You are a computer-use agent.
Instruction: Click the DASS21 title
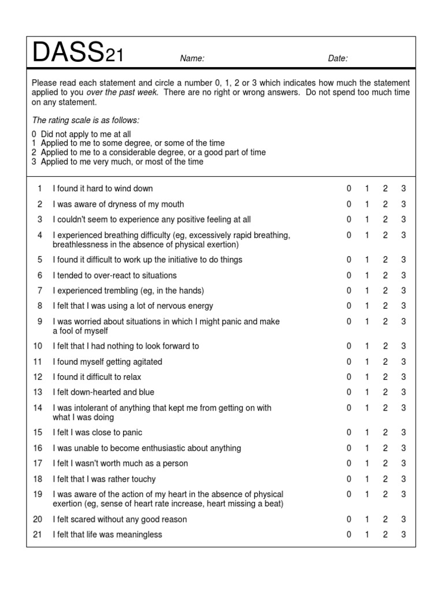[x=77, y=54]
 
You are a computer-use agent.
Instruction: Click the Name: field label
[x=192, y=58]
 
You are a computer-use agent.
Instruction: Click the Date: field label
[x=338, y=58]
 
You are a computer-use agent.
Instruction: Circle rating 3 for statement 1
[x=404, y=188]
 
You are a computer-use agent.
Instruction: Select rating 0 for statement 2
[x=349, y=204]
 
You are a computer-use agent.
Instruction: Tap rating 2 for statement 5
[x=385, y=260]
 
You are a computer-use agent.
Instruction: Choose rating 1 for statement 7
[x=367, y=291]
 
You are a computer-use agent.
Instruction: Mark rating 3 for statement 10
[x=404, y=346]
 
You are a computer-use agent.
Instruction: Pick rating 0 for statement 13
[x=349, y=393]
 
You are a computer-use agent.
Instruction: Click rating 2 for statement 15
[x=385, y=432]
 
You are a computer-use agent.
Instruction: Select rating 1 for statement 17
[x=367, y=464]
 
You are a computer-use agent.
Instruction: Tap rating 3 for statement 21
[x=404, y=535]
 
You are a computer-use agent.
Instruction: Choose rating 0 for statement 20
[x=349, y=519]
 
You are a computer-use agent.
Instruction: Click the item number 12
[x=38, y=377]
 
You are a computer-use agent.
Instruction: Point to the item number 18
[x=38, y=479]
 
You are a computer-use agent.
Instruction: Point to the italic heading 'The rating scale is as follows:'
[x=86, y=120]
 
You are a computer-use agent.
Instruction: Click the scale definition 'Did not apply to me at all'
[x=86, y=134]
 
